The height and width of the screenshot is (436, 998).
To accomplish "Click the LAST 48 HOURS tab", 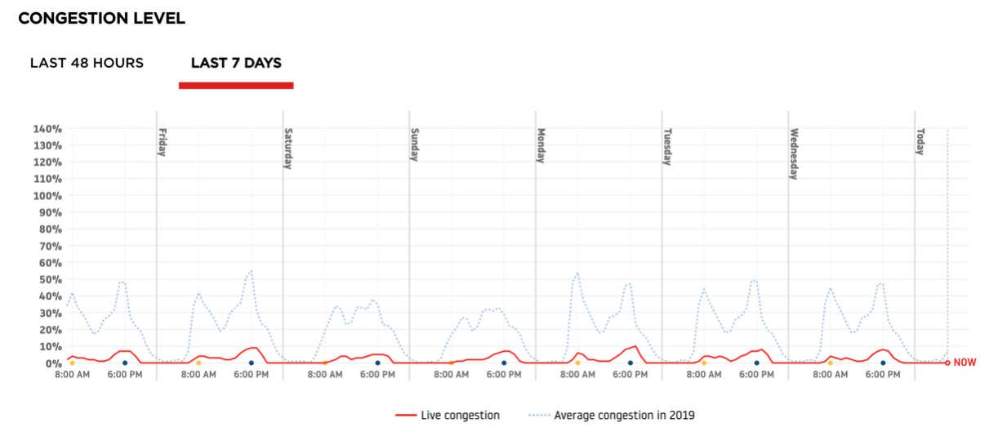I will (x=87, y=63).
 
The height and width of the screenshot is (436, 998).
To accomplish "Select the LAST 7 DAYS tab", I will (x=236, y=63).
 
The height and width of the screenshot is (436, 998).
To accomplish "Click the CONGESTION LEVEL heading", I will (x=101, y=18).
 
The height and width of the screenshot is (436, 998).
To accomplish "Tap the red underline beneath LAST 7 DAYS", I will (x=236, y=85).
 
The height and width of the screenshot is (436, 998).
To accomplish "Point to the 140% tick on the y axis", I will (x=48, y=129).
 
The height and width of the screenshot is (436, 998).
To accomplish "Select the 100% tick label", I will (x=48, y=196).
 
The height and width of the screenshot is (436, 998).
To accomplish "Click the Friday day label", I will (x=163, y=142).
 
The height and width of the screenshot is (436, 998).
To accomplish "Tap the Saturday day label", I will (x=288, y=149).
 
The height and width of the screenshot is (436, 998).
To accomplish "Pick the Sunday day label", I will (x=415, y=145).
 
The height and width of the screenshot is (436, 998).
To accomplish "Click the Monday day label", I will (x=541, y=146).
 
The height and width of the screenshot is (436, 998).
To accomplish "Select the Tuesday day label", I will (x=667, y=147).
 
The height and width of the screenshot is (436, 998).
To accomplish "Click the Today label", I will (x=920, y=142).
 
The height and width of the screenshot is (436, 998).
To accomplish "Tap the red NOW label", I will (x=965, y=363).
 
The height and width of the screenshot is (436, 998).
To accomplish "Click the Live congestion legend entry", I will (x=447, y=416).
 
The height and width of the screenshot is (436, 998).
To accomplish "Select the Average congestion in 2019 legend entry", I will (x=613, y=416).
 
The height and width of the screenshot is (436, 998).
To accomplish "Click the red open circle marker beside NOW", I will (x=947, y=363).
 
